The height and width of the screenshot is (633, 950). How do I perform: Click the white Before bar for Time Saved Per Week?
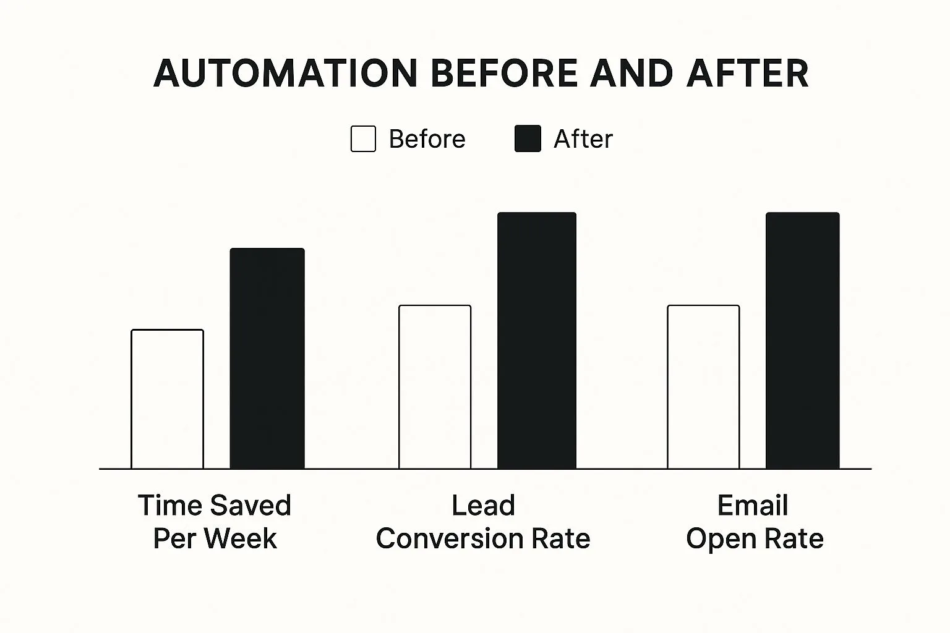click(168, 399)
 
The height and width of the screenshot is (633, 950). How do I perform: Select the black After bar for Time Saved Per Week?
click(267, 359)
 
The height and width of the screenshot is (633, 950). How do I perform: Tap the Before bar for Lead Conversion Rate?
click(435, 387)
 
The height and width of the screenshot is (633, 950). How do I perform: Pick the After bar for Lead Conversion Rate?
click(537, 341)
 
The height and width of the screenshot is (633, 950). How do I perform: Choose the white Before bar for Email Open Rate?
click(703, 387)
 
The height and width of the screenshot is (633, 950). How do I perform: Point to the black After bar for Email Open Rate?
click(802, 341)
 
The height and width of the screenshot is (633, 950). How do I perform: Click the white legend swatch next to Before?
click(363, 138)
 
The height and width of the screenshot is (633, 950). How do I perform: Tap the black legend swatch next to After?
click(528, 138)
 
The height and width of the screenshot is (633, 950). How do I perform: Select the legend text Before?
click(427, 138)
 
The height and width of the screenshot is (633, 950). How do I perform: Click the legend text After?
click(583, 138)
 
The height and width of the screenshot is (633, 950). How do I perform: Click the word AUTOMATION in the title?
click(286, 74)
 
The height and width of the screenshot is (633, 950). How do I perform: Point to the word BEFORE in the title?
click(504, 74)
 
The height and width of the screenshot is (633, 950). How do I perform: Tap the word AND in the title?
click(631, 74)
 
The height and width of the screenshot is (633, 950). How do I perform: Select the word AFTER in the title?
click(747, 74)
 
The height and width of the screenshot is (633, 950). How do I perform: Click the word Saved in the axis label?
click(250, 505)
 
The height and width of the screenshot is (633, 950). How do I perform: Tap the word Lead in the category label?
click(483, 505)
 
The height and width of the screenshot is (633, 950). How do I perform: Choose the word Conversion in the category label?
click(450, 538)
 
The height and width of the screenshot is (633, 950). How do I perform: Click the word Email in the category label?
click(753, 505)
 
